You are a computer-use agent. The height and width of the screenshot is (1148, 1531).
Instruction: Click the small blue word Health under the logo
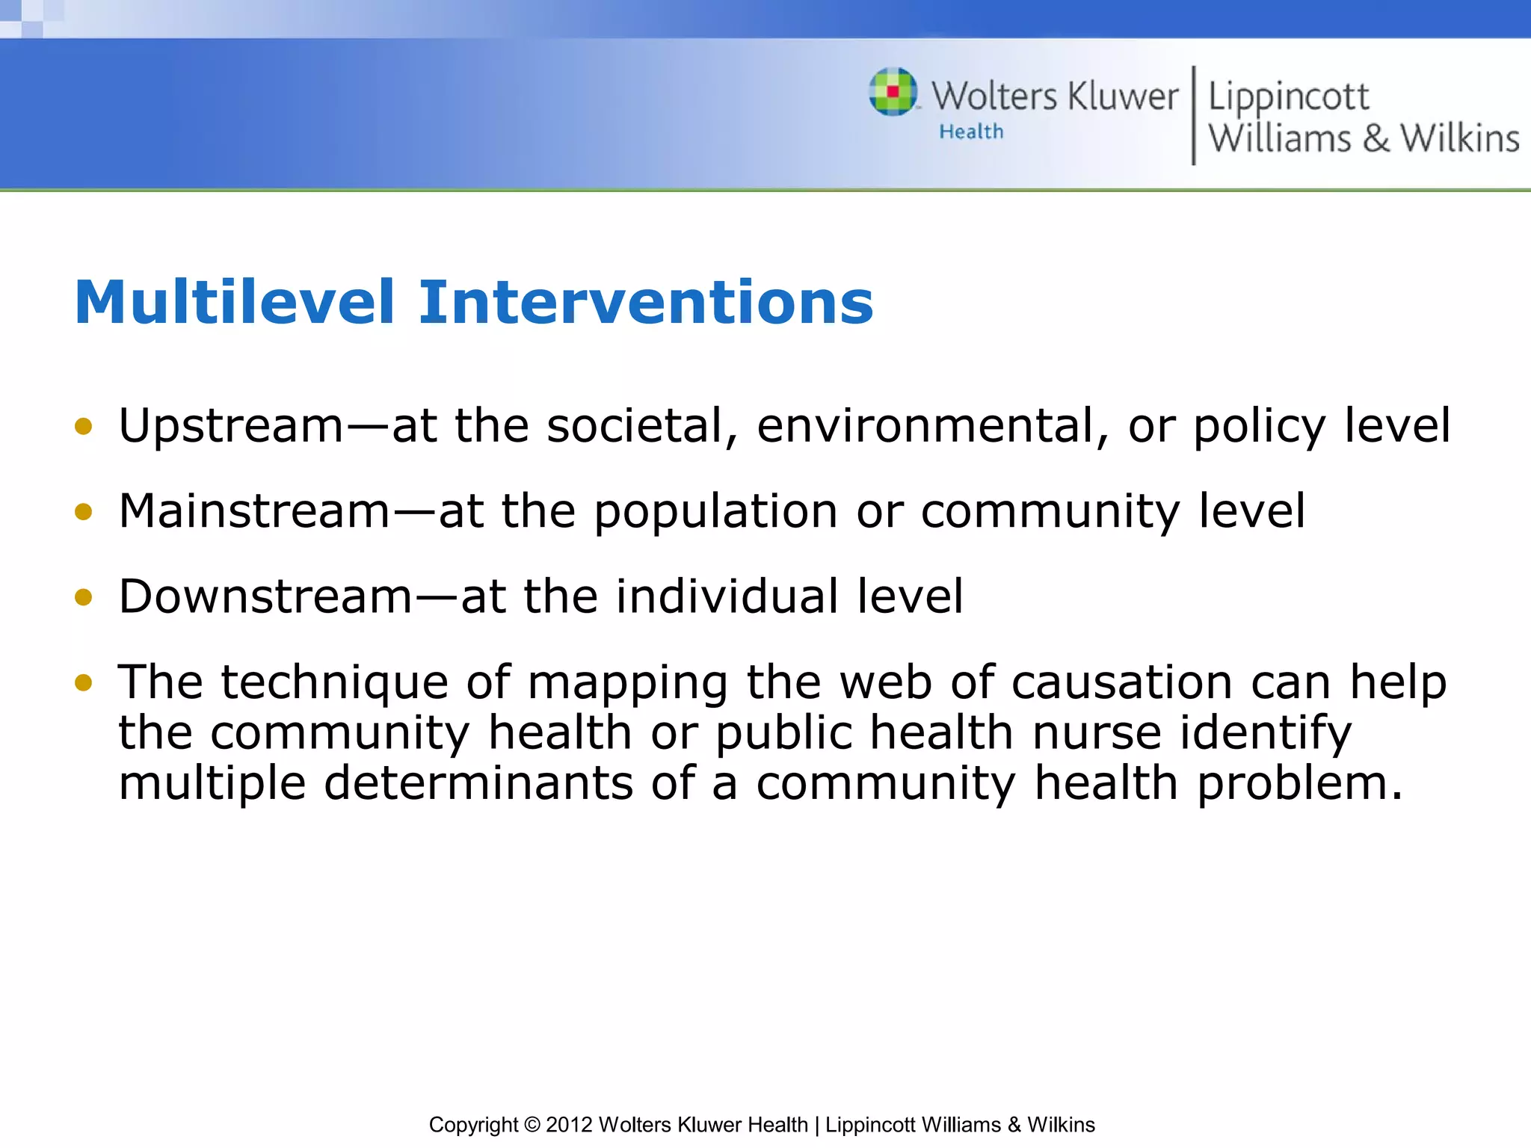click(x=971, y=132)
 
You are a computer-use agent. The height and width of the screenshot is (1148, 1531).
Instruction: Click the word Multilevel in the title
click(x=234, y=303)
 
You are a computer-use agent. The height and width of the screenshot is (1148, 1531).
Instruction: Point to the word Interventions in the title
click(x=645, y=303)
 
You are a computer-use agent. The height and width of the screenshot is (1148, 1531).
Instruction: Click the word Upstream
click(x=231, y=427)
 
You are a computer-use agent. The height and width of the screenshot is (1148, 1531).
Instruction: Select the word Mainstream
click(x=254, y=512)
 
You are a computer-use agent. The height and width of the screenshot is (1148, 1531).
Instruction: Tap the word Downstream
click(x=265, y=597)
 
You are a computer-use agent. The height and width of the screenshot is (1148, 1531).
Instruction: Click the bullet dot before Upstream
click(x=84, y=427)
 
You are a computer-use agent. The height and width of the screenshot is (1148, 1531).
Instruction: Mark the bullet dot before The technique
click(x=84, y=682)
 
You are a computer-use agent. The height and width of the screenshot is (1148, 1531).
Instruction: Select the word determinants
click(x=478, y=783)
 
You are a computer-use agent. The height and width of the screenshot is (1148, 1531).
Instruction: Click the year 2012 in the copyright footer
click(x=569, y=1125)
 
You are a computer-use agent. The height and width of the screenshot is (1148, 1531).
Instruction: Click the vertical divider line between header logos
click(x=1193, y=115)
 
